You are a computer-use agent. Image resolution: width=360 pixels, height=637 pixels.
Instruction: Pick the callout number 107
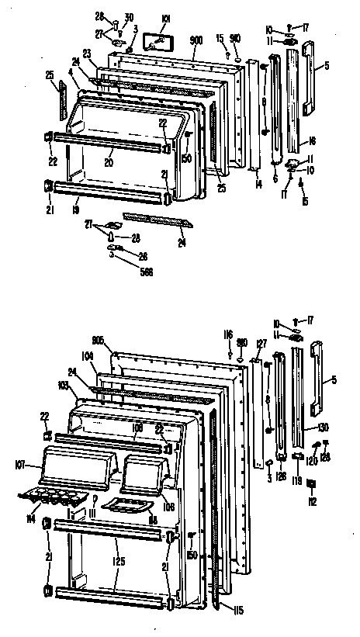(x=21, y=466)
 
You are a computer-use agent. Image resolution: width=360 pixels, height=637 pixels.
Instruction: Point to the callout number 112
(x=313, y=500)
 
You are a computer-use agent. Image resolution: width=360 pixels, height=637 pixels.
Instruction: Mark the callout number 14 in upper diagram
(x=258, y=185)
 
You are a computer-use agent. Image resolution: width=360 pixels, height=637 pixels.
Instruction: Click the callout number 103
(x=62, y=386)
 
